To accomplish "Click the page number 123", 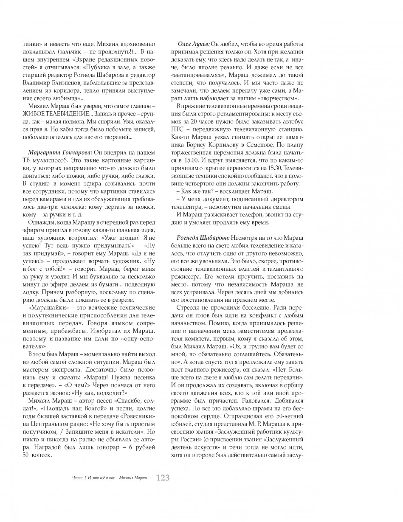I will point(163,478).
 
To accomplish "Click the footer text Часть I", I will point(76,478).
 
